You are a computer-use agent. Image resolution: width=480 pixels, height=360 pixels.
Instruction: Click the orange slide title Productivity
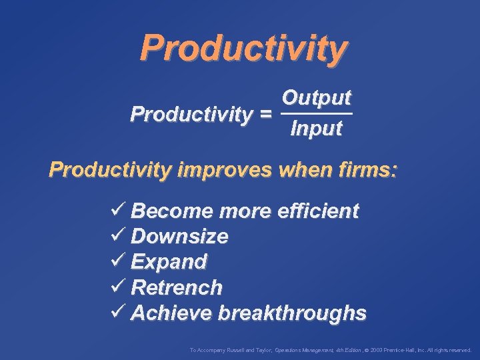(243, 47)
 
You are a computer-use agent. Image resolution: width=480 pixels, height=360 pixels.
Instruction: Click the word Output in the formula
(316, 97)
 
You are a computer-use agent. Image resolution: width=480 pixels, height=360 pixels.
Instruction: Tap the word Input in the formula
(316, 128)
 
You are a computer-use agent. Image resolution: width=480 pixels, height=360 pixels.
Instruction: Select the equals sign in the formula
(265, 114)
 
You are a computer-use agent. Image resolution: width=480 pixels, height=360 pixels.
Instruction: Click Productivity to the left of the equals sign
(191, 114)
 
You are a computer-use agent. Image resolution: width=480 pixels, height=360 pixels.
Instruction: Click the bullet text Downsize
(180, 236)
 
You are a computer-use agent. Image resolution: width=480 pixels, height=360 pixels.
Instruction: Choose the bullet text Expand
(169, 261)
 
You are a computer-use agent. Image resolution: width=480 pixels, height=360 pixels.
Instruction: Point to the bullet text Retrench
(177, 287)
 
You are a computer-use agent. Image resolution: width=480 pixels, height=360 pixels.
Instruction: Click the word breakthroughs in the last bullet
(293, 313)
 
